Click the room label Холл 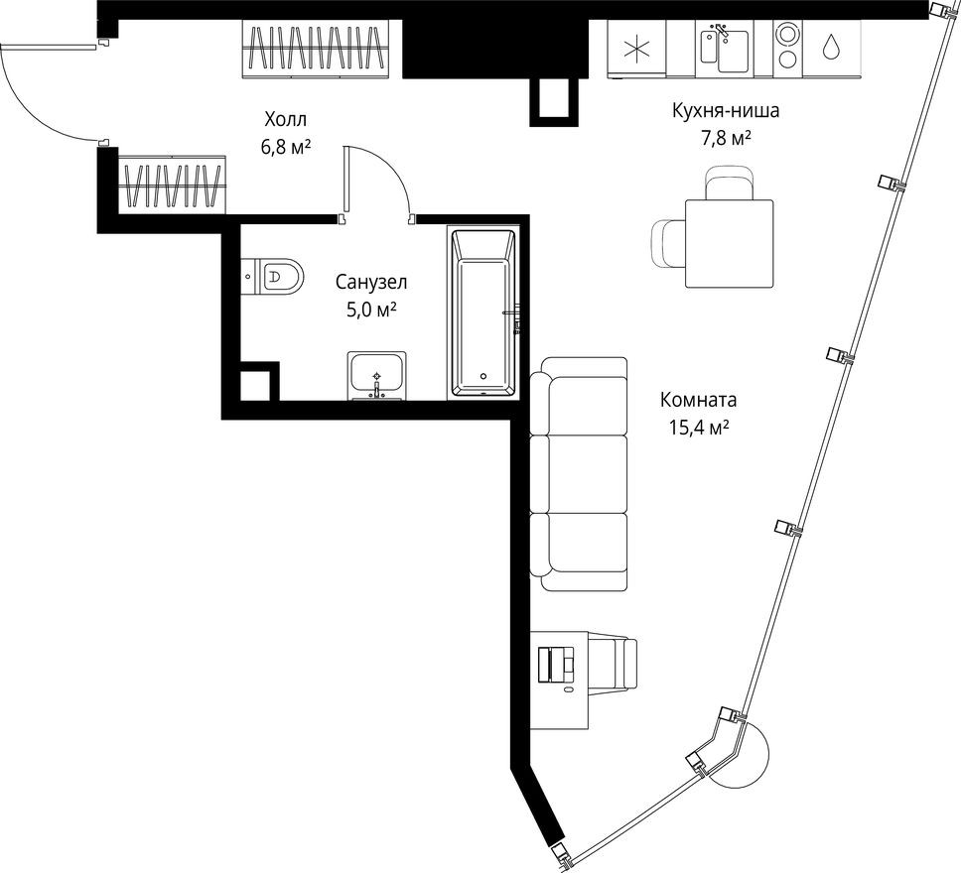coord(286,120)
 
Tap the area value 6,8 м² coord(286,146)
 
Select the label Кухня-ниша coord(725,111)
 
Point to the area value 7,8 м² coord(725,138)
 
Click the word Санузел coord(370,282)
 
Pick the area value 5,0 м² coord(370,309)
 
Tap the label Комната coord(698,401)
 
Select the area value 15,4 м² coord(698,428)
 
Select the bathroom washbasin coord(376,375)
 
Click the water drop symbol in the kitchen coord(831,47)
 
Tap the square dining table coord(730,243)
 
